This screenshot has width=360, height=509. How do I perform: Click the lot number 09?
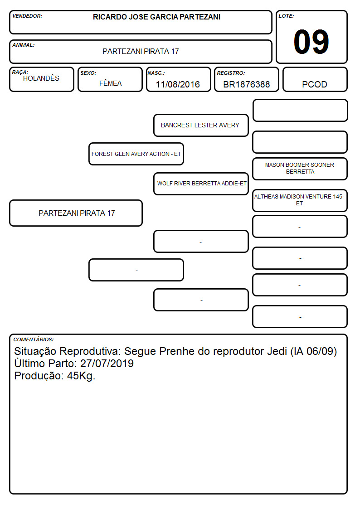(311, 42)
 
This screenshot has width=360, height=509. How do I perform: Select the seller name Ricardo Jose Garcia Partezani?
(156, 17)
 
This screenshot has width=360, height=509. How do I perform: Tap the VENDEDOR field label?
(27, 16)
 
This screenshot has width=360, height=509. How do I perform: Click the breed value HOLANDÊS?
(41, 78)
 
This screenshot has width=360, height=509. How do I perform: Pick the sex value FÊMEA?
(110, 83)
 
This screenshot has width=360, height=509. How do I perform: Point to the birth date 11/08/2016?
(178, 84)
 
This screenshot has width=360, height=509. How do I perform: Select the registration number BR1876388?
(246, 84)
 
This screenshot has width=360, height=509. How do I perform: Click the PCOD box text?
(315, 84)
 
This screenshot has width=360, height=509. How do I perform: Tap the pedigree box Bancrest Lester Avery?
(201, 125)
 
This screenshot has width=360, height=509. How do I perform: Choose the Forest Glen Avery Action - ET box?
(136, 154)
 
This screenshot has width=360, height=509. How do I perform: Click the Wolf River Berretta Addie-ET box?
(201, 184)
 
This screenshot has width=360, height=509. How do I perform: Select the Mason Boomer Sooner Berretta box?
(300, 169)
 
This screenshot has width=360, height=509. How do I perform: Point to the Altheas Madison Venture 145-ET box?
(300, 200)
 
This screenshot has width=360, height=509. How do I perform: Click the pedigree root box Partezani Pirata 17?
(76, 213)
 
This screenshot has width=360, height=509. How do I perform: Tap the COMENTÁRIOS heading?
(34, 339)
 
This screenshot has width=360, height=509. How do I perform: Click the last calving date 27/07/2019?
(107, 364)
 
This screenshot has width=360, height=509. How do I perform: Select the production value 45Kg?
(81, 376)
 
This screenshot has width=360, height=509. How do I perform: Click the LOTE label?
(286, 16)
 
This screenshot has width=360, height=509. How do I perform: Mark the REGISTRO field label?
(231, 73)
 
